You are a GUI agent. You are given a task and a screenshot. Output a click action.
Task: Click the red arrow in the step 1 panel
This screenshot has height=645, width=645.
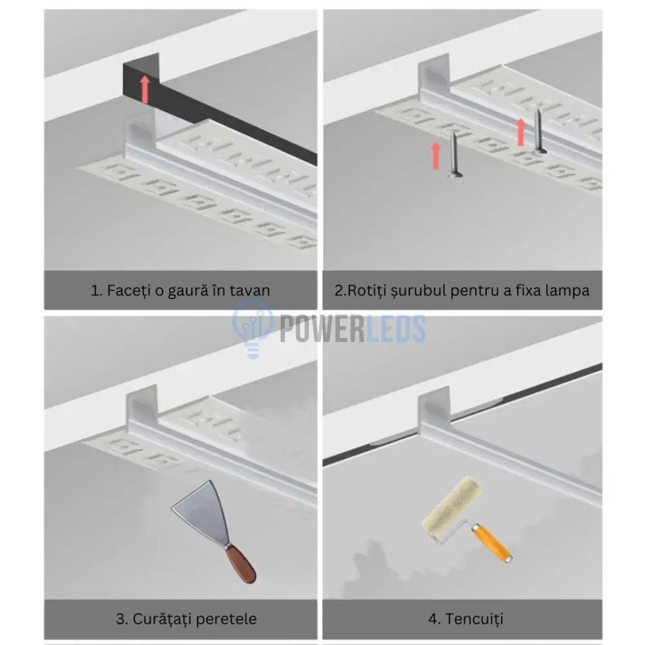144,89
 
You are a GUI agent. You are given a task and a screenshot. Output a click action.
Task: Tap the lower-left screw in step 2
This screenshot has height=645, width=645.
454,154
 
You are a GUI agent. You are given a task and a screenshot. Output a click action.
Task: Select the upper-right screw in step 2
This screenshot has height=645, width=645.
539,131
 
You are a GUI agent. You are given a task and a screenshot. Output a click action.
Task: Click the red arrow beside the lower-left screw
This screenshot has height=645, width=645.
436,156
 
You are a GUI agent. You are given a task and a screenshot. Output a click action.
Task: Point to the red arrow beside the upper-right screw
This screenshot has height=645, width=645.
521,132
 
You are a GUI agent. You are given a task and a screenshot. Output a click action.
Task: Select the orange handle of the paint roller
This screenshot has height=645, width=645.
492,543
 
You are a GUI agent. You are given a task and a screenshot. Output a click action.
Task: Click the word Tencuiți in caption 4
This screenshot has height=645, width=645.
474,619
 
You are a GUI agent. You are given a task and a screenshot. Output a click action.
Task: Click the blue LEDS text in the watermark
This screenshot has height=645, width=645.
395,328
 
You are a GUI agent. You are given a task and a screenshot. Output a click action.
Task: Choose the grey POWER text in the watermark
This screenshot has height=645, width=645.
322,328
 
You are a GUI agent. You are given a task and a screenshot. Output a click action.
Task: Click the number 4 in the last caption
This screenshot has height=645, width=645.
433,619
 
